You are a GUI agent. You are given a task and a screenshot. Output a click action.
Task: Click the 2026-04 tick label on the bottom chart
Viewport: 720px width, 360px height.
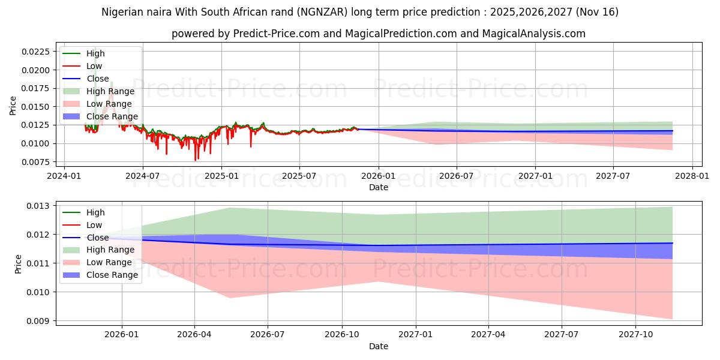coord(194,334)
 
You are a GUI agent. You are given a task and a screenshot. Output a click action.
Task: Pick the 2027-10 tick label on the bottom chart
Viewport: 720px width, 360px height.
coord(634,334)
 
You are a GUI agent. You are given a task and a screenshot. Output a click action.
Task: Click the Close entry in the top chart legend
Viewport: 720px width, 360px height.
coord(98,79)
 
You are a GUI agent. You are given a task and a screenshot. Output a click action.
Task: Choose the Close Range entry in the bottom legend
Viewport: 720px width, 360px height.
coord(112,275)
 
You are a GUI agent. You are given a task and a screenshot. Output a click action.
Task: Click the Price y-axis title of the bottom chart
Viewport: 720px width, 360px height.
coord(17,264)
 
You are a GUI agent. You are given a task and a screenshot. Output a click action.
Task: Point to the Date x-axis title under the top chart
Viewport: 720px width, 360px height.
coord(378,187)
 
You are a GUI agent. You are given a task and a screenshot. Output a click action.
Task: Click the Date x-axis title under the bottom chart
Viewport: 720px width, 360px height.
coord(378,346)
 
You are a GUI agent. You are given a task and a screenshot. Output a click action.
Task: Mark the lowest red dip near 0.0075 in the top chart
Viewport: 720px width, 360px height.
coord(195,160)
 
